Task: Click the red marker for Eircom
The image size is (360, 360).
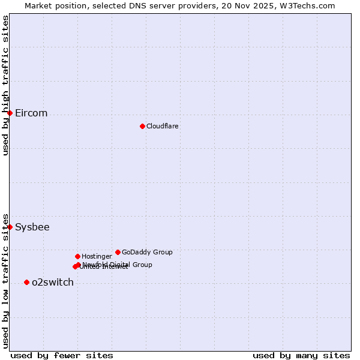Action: click(x=10, y=113)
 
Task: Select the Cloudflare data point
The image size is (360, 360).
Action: click(x=142, y=126)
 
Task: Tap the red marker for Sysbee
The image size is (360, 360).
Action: click(x=10, y=227)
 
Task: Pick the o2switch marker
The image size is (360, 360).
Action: click(x=26, y=282)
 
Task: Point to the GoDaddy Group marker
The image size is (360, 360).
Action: click(x=118, y=252)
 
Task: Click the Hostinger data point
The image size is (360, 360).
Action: click(x=77, y=256)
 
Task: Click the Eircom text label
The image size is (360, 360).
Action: click(x=31, y=113)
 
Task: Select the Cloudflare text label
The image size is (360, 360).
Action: click(x=163, y=127)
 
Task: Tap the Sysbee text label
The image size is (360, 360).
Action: click(x=32, y=227)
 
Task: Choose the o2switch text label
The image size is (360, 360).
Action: click(x=53, y=283)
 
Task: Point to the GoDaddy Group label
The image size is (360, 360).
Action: click(x=147, y=253)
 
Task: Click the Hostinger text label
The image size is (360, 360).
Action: click(x=97, y=257)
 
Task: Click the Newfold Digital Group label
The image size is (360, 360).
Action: click(x=118, y=265)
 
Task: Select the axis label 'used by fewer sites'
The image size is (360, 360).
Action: click(x=62, y=355)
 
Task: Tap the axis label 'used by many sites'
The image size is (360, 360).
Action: click(x=301, y=355)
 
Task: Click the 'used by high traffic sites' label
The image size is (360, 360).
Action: click(x=5, y=85)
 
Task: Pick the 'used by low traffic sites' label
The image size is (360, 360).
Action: click(x=5, y=281)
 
